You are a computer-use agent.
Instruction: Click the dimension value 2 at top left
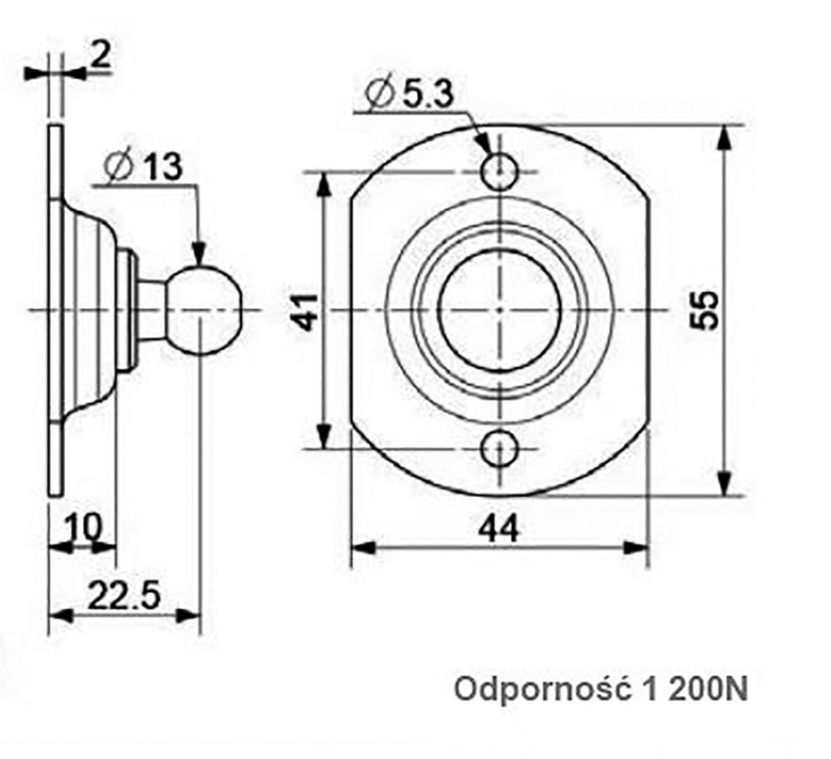click(x=100, y=57)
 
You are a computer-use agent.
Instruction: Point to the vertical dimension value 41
click(x=305, y=311)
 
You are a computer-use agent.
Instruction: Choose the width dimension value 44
click(x=497, y=529)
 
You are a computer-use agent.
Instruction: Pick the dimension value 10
click(x=83, y=527)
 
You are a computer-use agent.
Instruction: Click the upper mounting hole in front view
click(x=499, y=171)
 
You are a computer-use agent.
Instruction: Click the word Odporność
click(x=543, y=690)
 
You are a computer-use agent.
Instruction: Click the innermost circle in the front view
click(x=499, y=310)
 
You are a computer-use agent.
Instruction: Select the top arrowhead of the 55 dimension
click(x=725, y=139)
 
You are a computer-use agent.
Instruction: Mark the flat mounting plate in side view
click(x=55, y=311)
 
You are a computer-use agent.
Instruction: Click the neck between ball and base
click(x=152, y=311)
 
